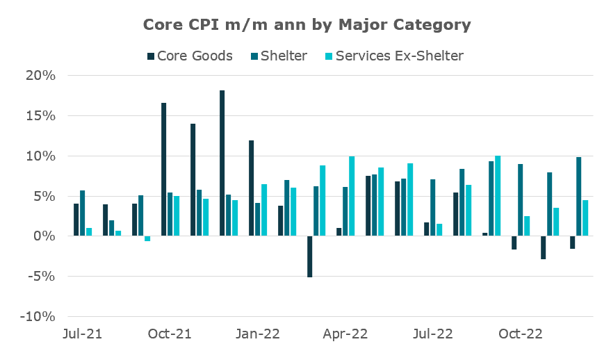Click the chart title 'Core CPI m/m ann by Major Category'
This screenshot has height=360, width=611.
tap(307, 25)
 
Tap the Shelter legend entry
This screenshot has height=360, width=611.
tap(276, 56)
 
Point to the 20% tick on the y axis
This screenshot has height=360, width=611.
tap(40, 76)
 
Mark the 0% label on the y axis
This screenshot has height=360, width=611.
tap(44, 236)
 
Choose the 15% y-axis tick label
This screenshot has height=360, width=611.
tap(40, 116)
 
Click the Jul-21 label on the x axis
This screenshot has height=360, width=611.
tap(82, 334)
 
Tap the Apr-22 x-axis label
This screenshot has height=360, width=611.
tap(345, 334)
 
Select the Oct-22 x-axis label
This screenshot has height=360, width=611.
tap(521, 334)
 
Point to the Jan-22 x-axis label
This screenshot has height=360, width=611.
tap(258, 334)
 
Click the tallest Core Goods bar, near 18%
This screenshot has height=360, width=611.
tap(222, 163)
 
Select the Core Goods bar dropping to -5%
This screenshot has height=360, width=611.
tap(310, 256)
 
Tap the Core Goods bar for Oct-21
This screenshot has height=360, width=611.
tap(164, 170)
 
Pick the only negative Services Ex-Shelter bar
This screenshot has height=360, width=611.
tap(147, 238)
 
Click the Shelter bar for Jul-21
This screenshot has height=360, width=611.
tap(83, 213)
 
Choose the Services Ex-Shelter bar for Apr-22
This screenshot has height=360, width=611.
tap(352, 196)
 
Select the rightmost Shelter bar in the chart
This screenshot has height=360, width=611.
tap(579, 197)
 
